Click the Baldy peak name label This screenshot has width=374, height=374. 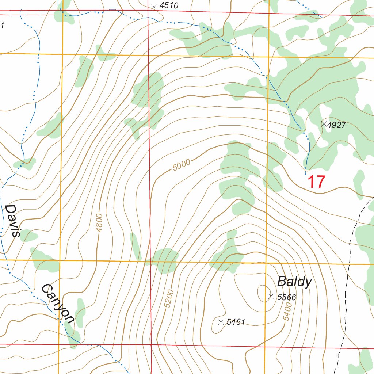click(x=294, y=282)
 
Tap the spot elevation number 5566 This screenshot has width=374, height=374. click(x=286, y=297)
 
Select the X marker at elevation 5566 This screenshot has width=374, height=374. click(x=271, y=297)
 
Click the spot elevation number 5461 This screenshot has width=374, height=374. click(x=236, y=322)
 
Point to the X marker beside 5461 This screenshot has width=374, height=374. click(x=221, y=322)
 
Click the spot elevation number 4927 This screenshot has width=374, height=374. click(x=336, y=125)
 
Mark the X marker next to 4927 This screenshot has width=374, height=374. click(x=324, y=124)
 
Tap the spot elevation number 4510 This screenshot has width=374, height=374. click(x=169, y=5)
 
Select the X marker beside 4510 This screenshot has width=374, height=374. click(x=154, y=6)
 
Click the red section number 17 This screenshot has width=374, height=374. click(x=316, y=182)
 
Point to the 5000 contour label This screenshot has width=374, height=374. click(x=182, y=165)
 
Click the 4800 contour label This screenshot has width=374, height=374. click(x=100, y=222)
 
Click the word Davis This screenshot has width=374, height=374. click(x=12, y=221)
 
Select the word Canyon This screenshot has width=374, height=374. click(x=58, y=303)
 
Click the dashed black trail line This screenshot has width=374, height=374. click(x=350, y=256)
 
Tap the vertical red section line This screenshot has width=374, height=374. click(x=150, y=183)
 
